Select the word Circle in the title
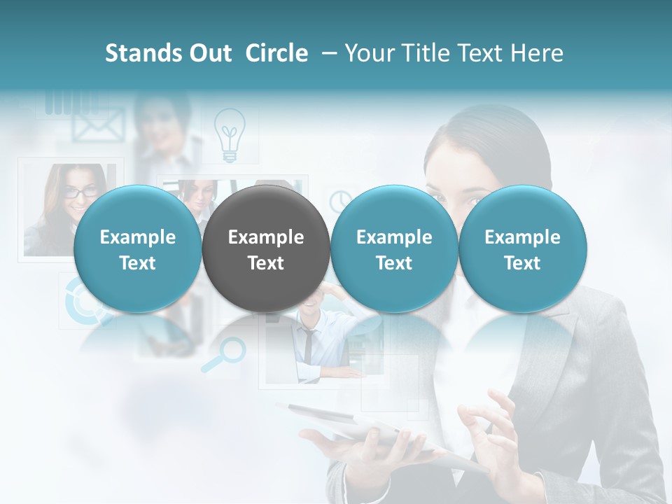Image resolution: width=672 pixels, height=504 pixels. (x=276, y=53)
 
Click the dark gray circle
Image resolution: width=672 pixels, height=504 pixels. (x=266, y=248)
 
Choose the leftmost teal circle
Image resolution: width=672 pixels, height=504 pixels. (x=137, y=248)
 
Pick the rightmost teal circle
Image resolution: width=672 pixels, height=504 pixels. (x=522, y=248)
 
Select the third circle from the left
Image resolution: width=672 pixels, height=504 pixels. (x=394, y=248)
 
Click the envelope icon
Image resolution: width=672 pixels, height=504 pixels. (x=92, y=126)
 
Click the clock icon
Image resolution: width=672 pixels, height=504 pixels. (x=341, y=200)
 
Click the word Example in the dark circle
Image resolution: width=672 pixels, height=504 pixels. (x=266, y=237)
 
